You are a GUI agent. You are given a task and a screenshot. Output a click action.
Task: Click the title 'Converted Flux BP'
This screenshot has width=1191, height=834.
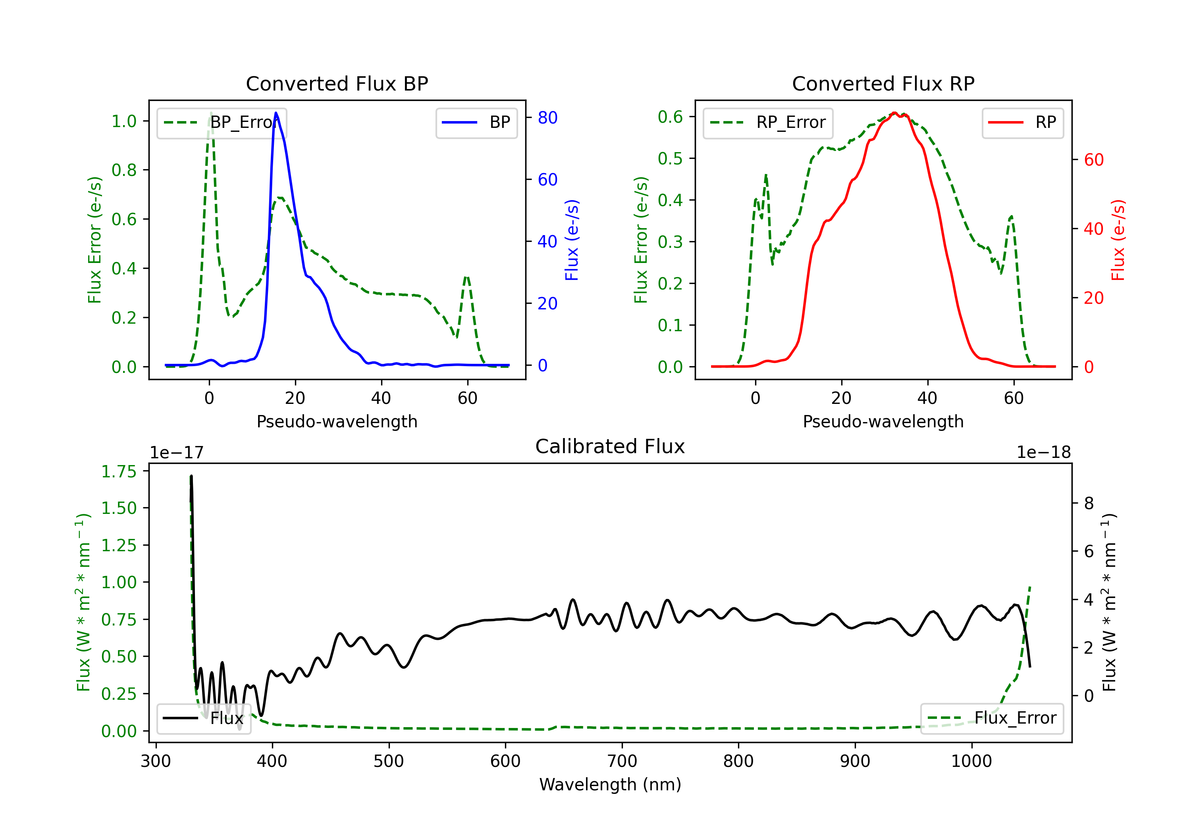click(x=337, y=83)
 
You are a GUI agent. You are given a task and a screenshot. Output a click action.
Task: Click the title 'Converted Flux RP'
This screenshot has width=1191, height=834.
click(x=883, y=83)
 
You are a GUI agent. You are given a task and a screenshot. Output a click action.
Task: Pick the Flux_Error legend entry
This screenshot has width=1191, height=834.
click(x=991, y=718)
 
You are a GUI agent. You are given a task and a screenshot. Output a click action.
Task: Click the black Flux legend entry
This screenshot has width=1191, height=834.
click(x=204, y=718)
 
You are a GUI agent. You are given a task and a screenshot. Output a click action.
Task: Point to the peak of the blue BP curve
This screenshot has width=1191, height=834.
click(x=276, y=113)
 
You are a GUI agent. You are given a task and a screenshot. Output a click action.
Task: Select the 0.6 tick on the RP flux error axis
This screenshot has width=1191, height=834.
click(x=670, y=117)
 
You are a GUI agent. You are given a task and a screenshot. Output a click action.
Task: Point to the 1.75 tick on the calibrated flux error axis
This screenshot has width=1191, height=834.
click(x=118, y=471)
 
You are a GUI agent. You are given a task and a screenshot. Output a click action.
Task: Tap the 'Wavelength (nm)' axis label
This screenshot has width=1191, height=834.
click(x=610, y=784)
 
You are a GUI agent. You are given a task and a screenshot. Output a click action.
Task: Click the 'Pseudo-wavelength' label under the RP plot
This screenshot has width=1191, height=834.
click(x=883, y=421)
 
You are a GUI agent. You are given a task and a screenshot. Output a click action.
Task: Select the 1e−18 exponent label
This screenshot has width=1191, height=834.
click(x=1043, y=453)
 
